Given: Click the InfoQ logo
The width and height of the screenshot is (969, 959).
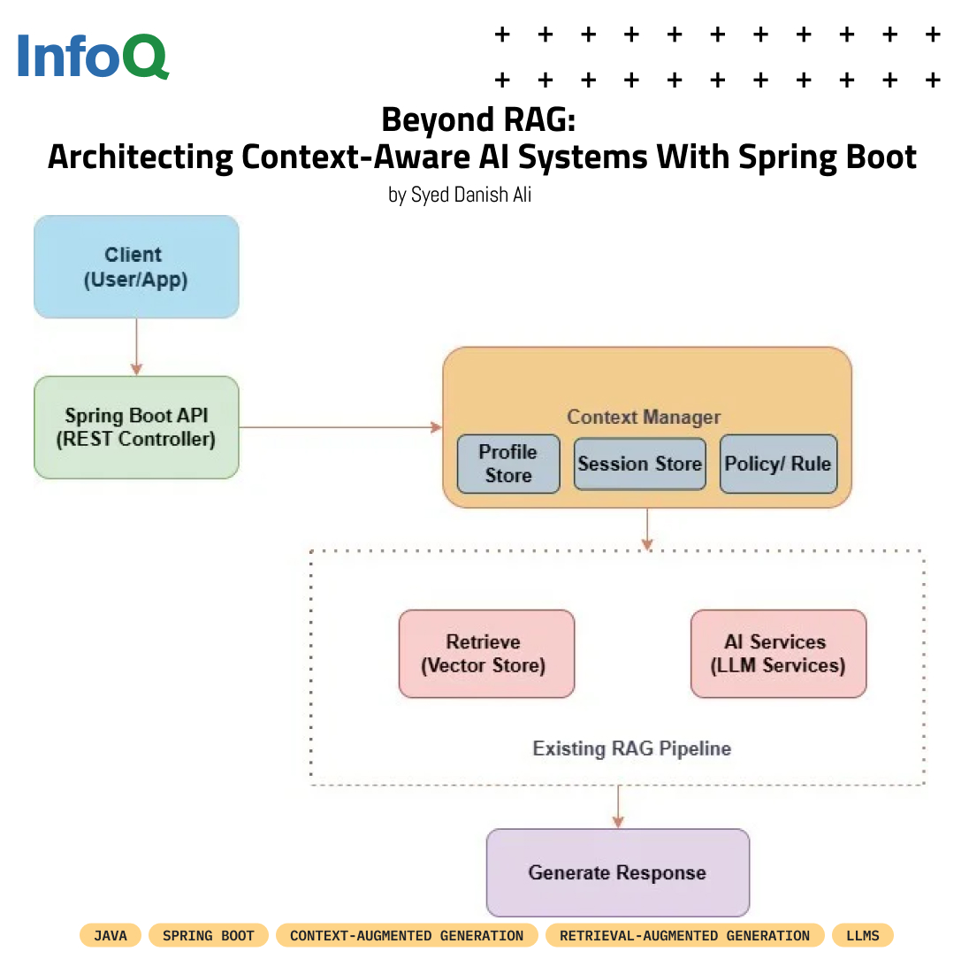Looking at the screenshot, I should click(92, 57).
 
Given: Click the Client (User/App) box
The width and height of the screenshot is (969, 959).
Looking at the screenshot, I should click(136, 267).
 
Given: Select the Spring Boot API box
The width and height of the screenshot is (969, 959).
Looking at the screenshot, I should click(136, 427).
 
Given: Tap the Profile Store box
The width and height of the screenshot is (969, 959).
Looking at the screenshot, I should click(508, 464).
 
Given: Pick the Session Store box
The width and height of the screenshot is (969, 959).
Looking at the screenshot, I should click(639, 464).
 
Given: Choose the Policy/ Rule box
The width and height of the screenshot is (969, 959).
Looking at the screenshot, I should click(778, 464).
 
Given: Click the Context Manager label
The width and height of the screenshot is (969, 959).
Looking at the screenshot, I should click(644, 417).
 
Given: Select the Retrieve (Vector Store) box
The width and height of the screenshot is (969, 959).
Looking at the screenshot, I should click(486, 654).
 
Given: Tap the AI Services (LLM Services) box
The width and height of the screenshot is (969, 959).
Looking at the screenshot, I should click(778, 654).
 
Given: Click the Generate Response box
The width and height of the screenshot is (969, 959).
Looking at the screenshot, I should click(617, 872).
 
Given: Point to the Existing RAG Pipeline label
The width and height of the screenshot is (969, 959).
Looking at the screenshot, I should click(631, 748).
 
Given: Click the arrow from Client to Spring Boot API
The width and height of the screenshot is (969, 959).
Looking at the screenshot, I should click(136, 347).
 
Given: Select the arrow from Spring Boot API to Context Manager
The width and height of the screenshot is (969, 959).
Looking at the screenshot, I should click(340, 427).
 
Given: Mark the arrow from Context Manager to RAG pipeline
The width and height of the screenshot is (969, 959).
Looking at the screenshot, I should click(647, 528).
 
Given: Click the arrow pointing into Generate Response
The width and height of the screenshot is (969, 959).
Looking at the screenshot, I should click(617, 806).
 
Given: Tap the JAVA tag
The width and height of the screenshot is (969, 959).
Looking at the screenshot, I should click(111, 935).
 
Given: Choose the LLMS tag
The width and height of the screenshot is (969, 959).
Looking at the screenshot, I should click(863, 935).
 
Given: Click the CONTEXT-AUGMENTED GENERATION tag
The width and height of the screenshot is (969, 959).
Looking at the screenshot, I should click(407, 935).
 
